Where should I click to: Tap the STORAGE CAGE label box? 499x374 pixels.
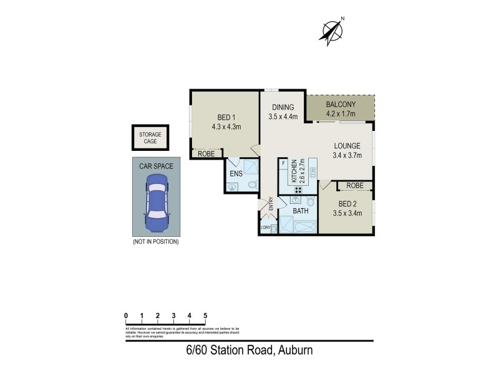(149, 138)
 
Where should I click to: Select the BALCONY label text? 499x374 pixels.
(340, 104)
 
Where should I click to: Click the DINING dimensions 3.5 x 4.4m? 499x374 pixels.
(283, 116)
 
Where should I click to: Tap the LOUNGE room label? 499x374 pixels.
(347, 145)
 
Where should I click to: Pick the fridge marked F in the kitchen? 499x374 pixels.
(284, 163)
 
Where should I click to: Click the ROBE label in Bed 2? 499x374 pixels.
(355, 186)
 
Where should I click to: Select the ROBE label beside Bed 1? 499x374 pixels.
(206, 153)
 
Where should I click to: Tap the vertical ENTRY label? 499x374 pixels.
(271, 204)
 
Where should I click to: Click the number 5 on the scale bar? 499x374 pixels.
(205, 315)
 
